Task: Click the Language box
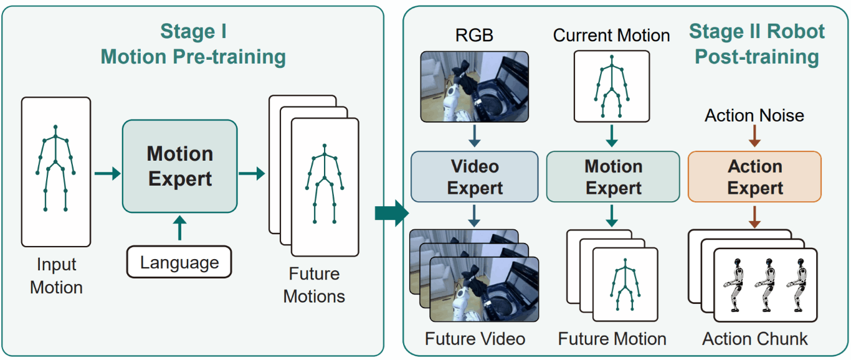[179, 262]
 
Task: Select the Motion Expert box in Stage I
[179, 166]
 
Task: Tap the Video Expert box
[475, 177]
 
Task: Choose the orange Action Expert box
[754, 177]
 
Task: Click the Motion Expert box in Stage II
[613, 177]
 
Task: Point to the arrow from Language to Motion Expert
[179, 228]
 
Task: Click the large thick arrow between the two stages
[392, 213]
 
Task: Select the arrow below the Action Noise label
[754, 136]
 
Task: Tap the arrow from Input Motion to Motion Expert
[108, 174]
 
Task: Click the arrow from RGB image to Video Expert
[475, 136]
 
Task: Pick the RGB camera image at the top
[475, 87]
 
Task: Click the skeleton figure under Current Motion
[612, 87]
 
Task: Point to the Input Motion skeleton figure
[55, 168]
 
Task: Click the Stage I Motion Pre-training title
[193, 44]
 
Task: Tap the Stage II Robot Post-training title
[757, 44]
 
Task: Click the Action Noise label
[754, 115]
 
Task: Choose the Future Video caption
[475, 339]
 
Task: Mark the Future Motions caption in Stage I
[314, 285]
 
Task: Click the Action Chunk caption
[755, 339]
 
